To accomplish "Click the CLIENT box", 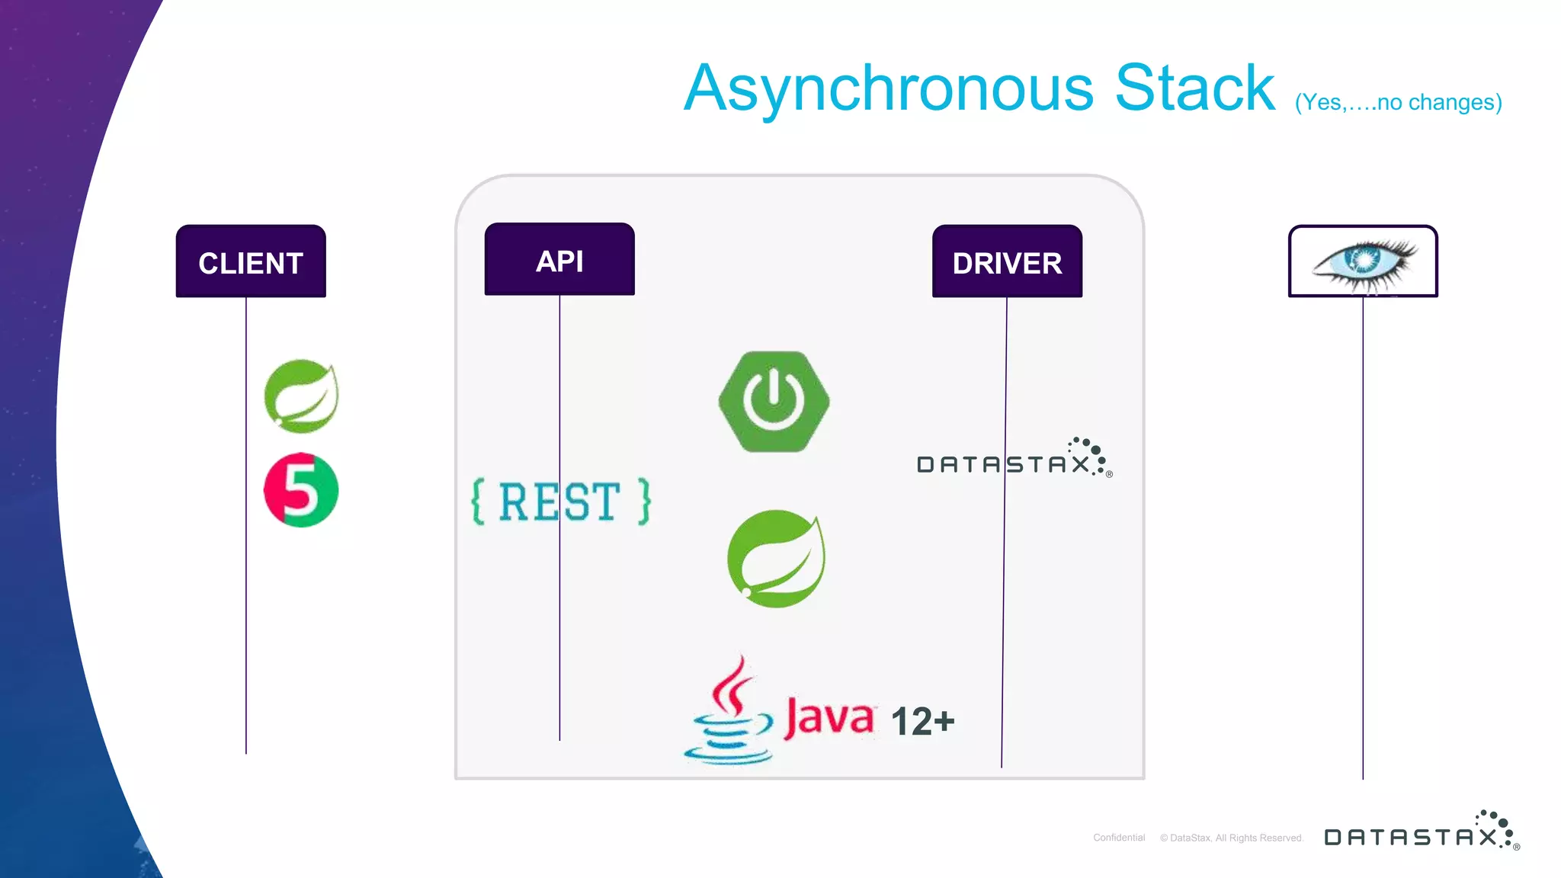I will [251, 261].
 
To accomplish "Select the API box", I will [559, 260].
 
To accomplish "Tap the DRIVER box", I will [1007, 261].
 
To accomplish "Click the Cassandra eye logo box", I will [1363, 261].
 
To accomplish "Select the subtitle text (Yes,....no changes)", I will [1398, 102].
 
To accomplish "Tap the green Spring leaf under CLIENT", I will [301, 396].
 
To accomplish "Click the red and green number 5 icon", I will [301, 490].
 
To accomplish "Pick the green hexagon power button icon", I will [774, 402].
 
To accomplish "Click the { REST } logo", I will [561, 501].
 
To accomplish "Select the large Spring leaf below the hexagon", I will [776, 559].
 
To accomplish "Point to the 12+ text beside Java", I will [922, 721].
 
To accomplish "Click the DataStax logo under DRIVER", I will [1014, 460].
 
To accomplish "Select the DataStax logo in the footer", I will [1422, 832].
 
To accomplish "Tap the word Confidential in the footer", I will [1119, 838].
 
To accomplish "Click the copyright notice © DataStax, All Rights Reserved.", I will [1232, 838].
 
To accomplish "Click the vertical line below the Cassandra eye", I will [1363, 534].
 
